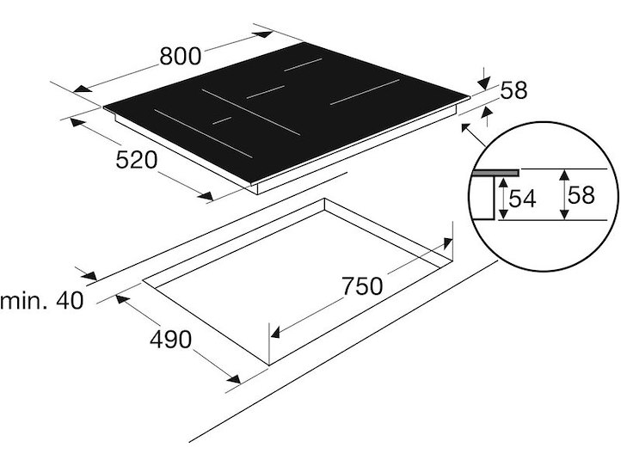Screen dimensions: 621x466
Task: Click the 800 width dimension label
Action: (x=181, y=56)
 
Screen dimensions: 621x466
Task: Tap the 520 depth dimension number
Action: (x=137, y=161)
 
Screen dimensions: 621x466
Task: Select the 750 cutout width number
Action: (x=362, y=286)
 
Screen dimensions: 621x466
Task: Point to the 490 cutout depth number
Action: (x=170, y=340)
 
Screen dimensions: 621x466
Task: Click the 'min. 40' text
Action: (x=42, y=301)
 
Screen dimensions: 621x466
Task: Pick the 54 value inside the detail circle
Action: (x=522, y=199)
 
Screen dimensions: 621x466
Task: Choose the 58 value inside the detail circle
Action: (x=581, y=195)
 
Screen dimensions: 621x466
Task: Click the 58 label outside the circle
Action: (x=514, y=90)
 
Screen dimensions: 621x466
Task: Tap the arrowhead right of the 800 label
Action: (x=264, y=34)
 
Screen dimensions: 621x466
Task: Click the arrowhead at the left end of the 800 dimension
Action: (x=83, y=89)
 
